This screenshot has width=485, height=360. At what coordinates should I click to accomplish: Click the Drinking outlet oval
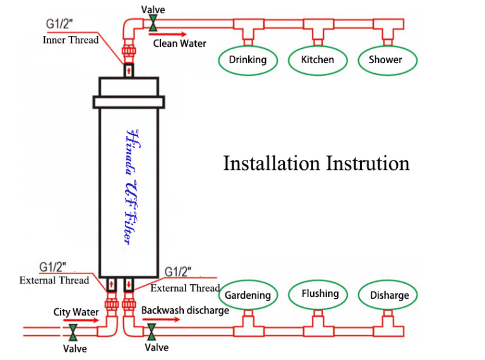click(248, 61)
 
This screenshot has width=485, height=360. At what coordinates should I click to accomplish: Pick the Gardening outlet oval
click(248, 295)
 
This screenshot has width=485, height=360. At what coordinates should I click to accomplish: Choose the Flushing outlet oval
click(320, 294)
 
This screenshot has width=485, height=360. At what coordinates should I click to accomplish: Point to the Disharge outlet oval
click(389, 295)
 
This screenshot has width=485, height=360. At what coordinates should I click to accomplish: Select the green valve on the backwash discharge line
click(152, 330)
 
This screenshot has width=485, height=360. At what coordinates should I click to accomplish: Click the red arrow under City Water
click(81, 321)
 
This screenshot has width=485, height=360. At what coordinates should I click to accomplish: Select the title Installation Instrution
click(316, 163)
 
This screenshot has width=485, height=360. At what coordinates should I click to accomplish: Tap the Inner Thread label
click(71, 40)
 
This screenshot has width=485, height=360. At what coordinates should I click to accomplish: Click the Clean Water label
click(179, 44)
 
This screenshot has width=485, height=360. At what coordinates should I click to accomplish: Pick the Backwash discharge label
click(184, 310)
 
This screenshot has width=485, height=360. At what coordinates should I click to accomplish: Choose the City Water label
click(76, 311)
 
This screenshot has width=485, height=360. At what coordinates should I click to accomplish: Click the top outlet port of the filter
click(128, 69)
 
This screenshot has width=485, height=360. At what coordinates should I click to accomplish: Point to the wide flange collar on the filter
click(129, 101)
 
